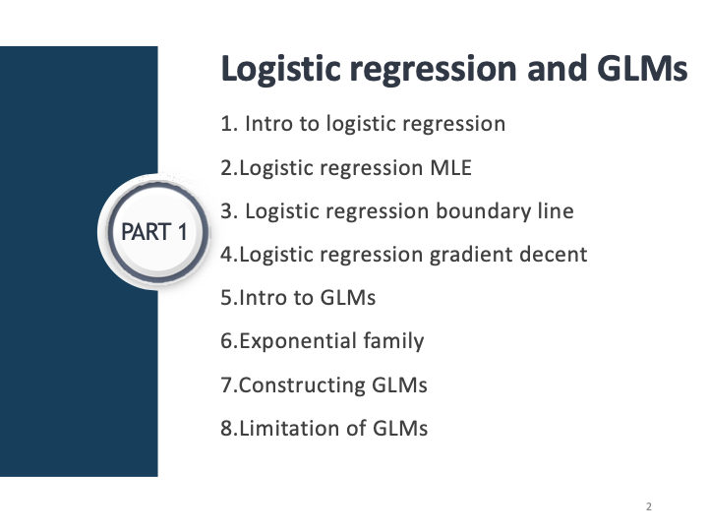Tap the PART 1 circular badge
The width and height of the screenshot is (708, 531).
[x=152, y=232]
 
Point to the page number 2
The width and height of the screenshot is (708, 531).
[x=649, y=506]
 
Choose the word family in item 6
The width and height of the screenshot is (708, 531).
[x=390, y=341]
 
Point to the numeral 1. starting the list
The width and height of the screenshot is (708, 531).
[x=229, y=125]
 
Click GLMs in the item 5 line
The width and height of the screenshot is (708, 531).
[x=349, y=298]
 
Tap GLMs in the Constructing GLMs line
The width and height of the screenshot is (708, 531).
[x=400, y=384]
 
